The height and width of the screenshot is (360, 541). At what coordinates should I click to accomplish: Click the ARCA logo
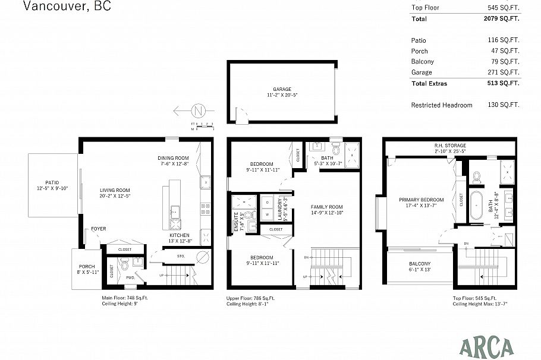pyautogui.click(x=486, y=346)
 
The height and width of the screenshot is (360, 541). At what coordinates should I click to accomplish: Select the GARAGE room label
pyautogui.click(x=282, y=89)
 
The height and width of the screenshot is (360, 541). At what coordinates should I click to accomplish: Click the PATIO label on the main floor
pyautogui.click(x=53, y=183)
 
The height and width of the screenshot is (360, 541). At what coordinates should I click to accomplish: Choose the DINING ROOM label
pyautogui.click(x=173, y=158)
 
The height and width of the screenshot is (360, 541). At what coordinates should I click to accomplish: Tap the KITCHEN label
pyautogui.click(x=179, y=235)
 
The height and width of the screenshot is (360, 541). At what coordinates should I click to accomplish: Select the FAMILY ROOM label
pyautogui.click(x=327, y=207)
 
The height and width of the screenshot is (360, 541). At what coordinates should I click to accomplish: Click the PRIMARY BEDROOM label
pyautogui.click(x=421, y=200)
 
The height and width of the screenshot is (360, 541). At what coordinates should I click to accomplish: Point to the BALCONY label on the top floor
pyautogui.click(x=420, y=264)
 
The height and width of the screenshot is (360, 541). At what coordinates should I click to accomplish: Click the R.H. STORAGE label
pyautogui.click(x=449, y=146)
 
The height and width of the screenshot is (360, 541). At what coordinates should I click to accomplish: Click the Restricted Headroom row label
pyautogui.click(x=441, y=105)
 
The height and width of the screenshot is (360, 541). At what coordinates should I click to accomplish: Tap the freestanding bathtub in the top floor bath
pyautogui.click(x=477, y=206)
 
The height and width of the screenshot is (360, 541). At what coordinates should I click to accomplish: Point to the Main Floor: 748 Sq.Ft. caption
pyautogui.click(x=127, y=298)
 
